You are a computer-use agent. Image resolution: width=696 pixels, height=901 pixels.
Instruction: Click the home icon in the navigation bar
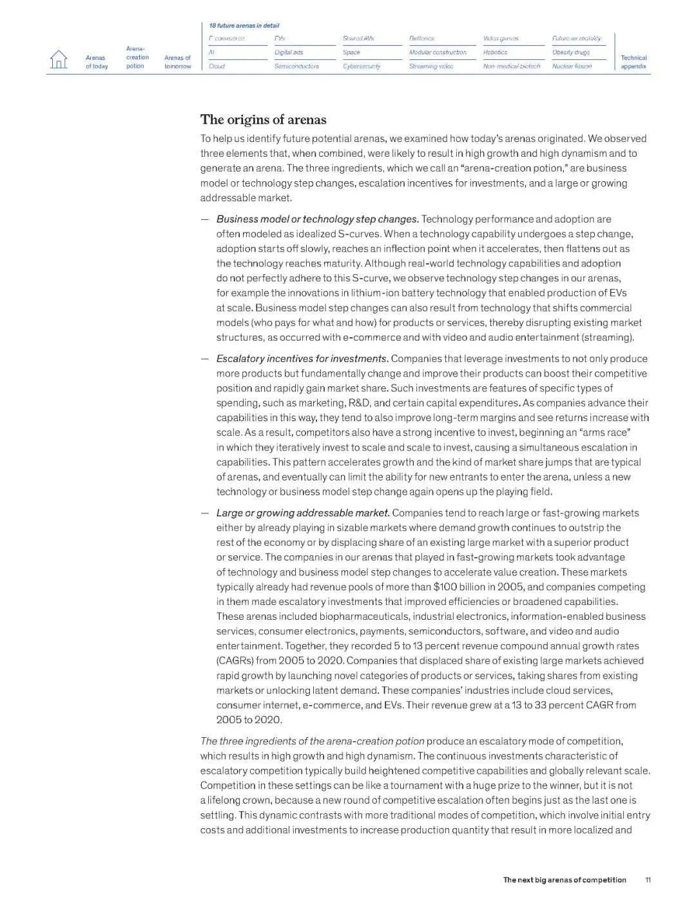coord(59,59)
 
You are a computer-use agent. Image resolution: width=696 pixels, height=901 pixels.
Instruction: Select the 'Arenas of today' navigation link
coord(97,62)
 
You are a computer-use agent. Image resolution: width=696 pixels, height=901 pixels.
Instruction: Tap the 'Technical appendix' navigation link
coord(633,62)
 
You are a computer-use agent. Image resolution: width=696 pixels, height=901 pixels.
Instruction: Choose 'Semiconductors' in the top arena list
coord(296,66)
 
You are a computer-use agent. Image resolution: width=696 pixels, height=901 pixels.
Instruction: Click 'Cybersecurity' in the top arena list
coord(361,66)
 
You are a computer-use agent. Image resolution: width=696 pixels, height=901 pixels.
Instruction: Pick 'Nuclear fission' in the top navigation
coord(572,66)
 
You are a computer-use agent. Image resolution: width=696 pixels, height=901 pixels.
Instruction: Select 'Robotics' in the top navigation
coord(495,52)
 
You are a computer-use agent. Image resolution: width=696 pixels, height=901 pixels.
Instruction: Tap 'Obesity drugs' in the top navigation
coord(570,52)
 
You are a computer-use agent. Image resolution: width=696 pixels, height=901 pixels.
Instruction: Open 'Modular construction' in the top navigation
coord(437,52)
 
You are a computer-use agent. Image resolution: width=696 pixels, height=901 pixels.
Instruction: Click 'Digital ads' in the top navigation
coord(288,52)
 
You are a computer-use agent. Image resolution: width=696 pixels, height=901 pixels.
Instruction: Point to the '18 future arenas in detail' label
coord(244,26)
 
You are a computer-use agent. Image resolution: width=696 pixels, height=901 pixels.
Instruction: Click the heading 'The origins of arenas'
coord(263,120)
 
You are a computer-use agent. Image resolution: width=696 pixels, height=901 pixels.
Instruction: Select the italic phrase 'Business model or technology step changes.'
coord(317,219)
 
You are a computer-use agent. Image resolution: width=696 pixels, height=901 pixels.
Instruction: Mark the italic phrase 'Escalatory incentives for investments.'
coord(302,359)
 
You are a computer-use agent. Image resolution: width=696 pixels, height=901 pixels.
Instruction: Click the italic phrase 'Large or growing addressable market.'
coord(303,513)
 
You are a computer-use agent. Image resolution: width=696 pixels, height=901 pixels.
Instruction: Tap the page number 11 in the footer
coord(648,880)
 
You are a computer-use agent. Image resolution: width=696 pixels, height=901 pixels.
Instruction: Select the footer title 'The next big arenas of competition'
coord(564,880)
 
